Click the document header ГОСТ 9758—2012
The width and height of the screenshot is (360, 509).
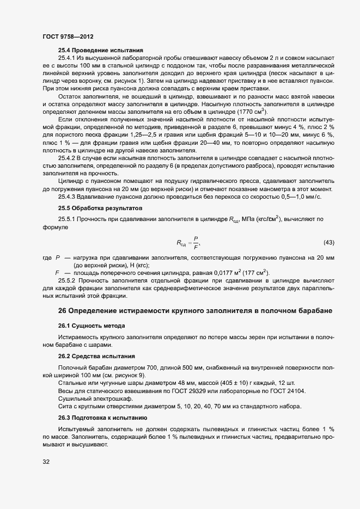click(x=67, y=36)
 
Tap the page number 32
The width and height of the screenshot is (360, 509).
click(x=46, y=462)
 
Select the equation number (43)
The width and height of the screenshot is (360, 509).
click(x=328, y=242)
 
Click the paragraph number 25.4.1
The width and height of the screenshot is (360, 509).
click(x=67, y=57)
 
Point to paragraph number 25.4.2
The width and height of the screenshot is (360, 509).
click(x=67, y=158)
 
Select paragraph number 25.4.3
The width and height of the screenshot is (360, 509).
click(x=67, y=197)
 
